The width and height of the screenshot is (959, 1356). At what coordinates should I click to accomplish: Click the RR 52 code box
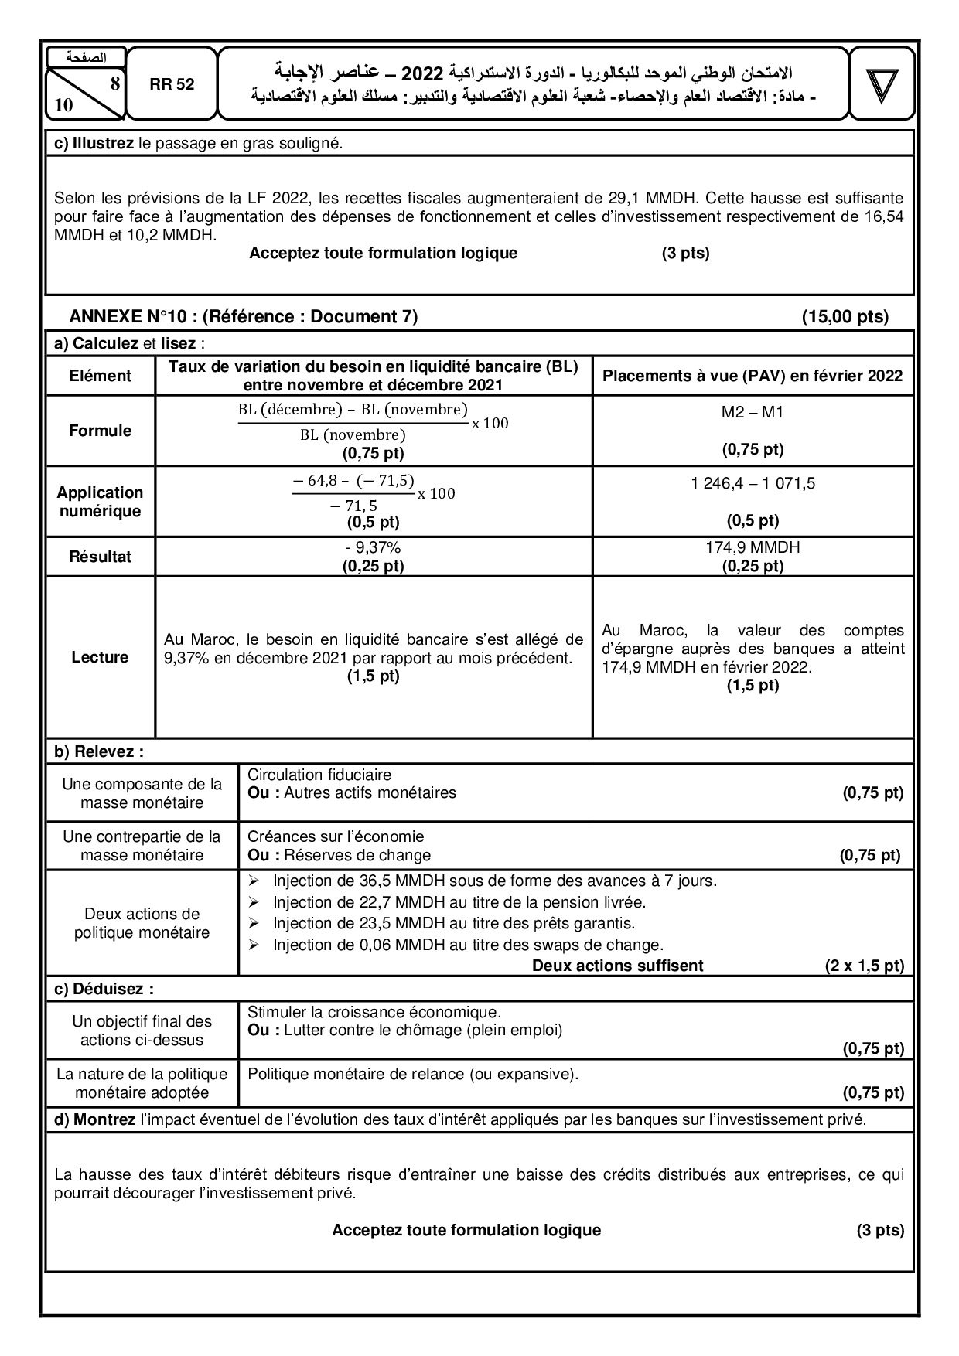pos(172,84)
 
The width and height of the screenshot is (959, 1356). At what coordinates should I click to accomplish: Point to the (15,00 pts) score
pos(845,316)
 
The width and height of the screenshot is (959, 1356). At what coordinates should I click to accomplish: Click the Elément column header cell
pos(101,376)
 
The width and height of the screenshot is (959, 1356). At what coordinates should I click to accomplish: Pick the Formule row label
pos(101,431)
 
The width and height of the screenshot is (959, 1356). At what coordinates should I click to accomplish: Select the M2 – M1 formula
pos(753,412)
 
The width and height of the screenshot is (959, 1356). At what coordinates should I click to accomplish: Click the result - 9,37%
pos(374,547)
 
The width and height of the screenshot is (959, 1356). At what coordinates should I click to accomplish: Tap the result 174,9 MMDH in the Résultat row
pos(753,547)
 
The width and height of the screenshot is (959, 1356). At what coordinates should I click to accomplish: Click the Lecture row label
pos(101,657)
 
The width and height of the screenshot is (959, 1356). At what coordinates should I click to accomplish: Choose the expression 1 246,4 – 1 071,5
pos(753,484)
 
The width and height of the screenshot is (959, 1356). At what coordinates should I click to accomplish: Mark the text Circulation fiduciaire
pos(319,775)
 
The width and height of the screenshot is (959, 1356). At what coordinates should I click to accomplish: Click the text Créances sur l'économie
pos(336,836)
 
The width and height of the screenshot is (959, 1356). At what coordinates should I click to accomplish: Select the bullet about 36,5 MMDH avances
pos(494,881)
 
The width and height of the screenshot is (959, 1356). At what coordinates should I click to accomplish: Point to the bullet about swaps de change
pos(468,945)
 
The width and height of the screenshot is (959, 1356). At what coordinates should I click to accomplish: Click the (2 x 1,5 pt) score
pos(864,966)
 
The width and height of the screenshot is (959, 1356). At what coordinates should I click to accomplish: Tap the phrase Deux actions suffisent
pos(617,966)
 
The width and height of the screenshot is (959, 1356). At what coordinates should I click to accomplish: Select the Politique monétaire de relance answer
pos(413,1074)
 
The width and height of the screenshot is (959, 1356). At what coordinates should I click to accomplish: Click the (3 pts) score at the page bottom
pos(880,1230)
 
